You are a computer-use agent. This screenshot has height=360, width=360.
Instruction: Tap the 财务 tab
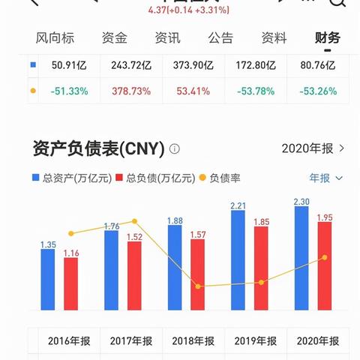(328, 38)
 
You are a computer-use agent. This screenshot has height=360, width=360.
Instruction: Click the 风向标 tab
(55, 38)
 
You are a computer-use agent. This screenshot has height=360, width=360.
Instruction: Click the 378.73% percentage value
(130, 91)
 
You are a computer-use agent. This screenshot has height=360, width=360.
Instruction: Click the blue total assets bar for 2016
(48, 279)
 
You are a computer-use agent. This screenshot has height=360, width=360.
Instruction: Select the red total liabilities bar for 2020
(325, 265)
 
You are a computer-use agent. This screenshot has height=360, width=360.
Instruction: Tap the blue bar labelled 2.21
(238, 259)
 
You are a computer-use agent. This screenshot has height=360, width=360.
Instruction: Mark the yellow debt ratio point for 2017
(134, 221)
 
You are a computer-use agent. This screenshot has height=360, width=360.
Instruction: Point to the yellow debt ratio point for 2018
(198, 286)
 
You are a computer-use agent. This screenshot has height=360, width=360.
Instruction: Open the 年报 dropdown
(326, 178)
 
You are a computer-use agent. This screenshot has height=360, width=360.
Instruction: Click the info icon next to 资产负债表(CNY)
(175, 148)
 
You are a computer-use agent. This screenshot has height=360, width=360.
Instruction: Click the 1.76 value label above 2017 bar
(111, 225)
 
